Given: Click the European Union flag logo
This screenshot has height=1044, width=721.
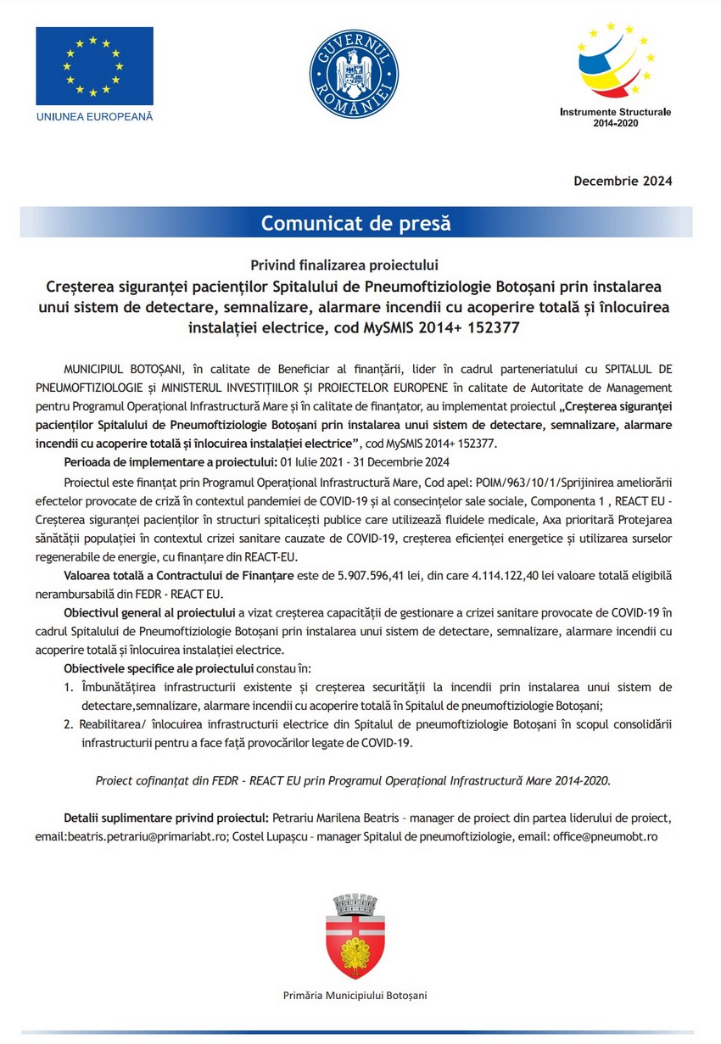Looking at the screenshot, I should click(x=94, y=66).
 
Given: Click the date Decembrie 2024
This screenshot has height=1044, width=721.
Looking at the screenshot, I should click(x=623, y=181).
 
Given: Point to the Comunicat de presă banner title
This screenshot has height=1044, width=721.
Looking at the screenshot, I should click(x=355, y=224).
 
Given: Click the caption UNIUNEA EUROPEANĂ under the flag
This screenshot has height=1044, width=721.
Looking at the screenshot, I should click(x=94, y=116).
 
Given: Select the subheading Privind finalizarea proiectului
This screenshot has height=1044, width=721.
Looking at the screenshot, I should click(x=355, y=265).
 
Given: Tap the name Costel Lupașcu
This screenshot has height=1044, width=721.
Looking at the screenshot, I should click(x=314, y=836).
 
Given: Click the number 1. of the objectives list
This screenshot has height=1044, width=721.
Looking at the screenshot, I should click(x=70, y=686).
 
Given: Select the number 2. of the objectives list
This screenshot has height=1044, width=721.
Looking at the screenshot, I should click(x=70, y=724).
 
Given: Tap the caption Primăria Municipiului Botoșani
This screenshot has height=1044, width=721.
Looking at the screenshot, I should click(x=355, y=994).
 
